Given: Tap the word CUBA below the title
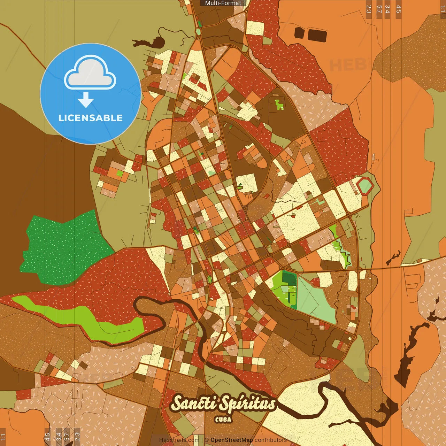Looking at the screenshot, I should (x=223, y=420).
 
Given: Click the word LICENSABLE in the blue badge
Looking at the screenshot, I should (x=90, y=118).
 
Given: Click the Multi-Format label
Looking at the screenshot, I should (x=223, y=3).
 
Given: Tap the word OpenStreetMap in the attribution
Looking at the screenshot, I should (x=231, y=440).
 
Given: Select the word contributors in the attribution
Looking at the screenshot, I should (x=271, y=440).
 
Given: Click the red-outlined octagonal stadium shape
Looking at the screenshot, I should (x=365, y=186).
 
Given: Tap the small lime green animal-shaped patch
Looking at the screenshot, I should (x=279, y=105).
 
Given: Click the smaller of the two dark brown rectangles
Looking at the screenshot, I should (x=299, y=33).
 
